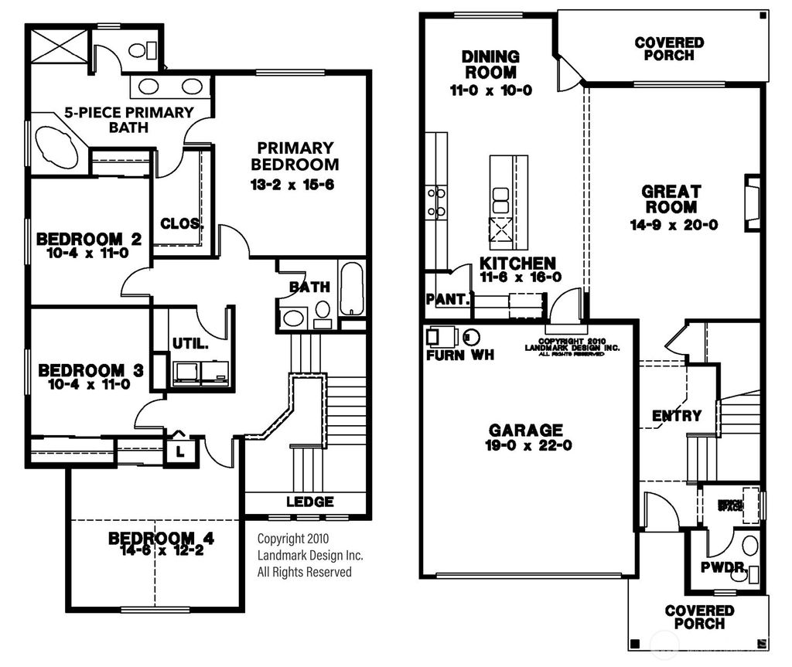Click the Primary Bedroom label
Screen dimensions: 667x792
point(295,155)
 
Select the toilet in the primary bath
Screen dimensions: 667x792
point(139,51)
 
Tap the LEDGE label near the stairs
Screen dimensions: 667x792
point(309,502)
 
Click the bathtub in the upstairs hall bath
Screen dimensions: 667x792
point(352,289)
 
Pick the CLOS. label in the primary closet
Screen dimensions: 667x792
point(182,224)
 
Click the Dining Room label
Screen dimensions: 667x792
point(490,65)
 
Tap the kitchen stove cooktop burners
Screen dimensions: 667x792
point(436,201)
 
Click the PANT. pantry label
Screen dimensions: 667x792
point(447,299)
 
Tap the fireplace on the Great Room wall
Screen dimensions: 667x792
point(752,202)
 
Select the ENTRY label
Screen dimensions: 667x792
point(677,416)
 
